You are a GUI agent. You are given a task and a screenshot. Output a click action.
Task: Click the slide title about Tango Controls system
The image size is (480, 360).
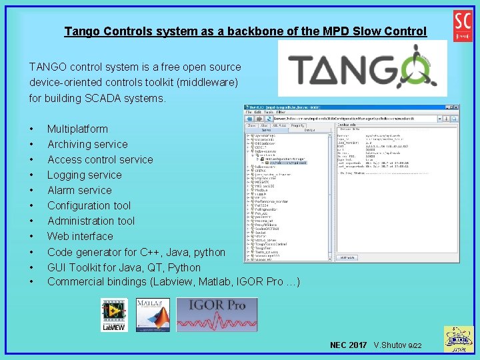[245, 31]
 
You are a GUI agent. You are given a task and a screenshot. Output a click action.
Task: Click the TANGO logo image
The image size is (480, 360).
[362, 69]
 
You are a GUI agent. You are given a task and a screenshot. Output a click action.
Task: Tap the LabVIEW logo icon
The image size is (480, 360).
[114, 315]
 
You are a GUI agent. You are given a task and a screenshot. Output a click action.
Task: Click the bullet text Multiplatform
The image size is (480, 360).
[77, 129]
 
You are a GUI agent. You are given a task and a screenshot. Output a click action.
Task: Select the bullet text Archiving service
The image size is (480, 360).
[87, 144]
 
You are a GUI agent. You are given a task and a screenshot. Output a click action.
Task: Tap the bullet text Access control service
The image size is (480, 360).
[100, 159]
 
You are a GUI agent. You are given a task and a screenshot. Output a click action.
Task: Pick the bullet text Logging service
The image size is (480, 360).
[85, 175]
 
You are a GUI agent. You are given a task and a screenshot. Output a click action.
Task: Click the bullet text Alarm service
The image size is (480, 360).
[79, 190]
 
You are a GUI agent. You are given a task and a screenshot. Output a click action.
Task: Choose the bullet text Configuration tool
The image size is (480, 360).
[89, 205]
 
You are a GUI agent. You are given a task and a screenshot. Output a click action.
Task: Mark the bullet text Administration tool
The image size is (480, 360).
[91, 221]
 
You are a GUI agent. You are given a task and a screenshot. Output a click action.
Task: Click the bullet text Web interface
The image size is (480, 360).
[80, 236]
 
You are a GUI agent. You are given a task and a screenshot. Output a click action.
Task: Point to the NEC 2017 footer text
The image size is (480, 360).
[348, 345]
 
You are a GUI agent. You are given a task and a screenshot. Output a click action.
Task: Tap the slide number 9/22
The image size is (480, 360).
[415, 345]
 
